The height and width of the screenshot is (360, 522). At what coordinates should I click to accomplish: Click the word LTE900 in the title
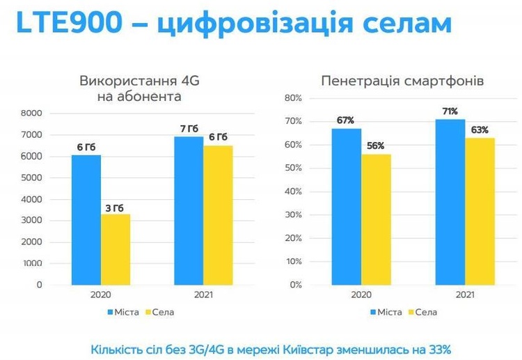[x=69, y=22]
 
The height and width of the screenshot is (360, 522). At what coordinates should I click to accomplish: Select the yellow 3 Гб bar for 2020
[x=116, y=249]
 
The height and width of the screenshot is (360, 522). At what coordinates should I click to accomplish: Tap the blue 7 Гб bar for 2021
[x=189, y=211]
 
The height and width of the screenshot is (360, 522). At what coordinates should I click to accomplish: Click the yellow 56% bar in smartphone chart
[x=376, y=220]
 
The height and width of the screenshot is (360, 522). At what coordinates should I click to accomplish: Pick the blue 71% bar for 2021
[x=450, y=202]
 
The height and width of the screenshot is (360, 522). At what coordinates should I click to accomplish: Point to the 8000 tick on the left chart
[x=31, y=114]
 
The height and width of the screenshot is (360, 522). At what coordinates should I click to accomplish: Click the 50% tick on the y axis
[x=293, y=168]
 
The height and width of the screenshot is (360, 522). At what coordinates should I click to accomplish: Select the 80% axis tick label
[x=293, y=98]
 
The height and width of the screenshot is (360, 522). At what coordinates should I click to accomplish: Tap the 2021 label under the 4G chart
[x=203, y=295]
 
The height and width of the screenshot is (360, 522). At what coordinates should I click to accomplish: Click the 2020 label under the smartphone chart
[x=361, y=295]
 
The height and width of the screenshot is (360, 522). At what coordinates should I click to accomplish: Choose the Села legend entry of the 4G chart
[x=160, y=313]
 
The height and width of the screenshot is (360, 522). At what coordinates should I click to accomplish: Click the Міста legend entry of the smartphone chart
[x=386, y=313]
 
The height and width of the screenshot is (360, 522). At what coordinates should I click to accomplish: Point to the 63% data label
[x=480, y=130]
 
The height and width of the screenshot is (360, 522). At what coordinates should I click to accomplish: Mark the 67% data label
[x=345, y=120]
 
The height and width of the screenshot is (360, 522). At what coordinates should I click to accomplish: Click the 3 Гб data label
[x=115, y=208]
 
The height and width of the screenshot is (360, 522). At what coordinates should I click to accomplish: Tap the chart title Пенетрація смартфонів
[x=402, y=81]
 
